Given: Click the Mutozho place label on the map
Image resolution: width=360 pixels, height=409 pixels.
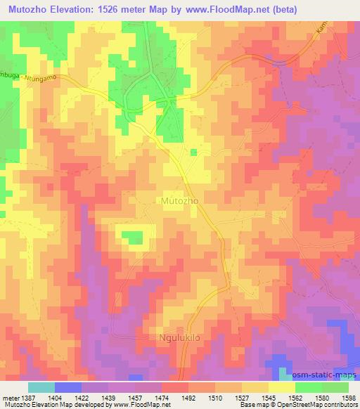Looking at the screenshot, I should (x=180, y=201).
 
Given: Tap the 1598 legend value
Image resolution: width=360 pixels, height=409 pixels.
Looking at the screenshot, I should (x=347, y=398).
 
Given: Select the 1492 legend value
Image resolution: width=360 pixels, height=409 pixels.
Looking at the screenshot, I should (x=188, y=398).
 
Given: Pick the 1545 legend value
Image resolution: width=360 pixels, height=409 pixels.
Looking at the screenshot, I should (x=268, y=398).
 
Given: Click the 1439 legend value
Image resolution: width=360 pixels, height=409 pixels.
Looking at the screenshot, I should (x=108, y=398).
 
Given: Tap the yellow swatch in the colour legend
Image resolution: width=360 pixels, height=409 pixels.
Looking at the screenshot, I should (x=282, y=387).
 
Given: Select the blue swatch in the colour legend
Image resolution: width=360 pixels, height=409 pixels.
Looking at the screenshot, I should (x=68, y=387).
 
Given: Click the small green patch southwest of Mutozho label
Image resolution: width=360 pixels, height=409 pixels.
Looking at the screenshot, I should (x=133, y=239).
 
